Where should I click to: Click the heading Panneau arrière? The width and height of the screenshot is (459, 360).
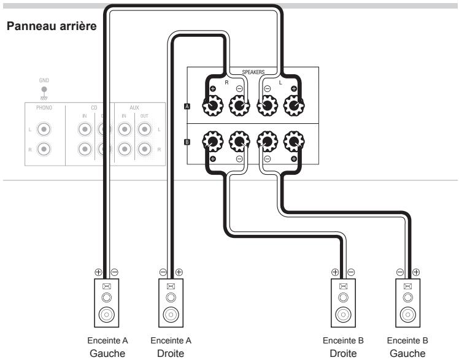(52, 26)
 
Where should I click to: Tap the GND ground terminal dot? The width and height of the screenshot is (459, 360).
(44, 90)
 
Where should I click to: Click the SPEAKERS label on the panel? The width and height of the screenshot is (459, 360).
(253, 72)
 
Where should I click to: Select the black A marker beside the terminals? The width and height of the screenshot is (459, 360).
(187, 106)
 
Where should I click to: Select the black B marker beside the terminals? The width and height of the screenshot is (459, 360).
(187, 142)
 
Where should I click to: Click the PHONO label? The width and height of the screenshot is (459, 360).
(44, 107)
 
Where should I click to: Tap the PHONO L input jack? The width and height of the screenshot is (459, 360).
(44, 129)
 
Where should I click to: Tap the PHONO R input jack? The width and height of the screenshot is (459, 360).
(44, 149)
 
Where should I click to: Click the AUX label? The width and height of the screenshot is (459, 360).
(134, 107)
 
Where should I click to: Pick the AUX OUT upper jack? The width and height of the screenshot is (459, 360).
(145, 129)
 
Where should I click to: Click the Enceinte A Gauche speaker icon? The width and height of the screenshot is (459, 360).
(107, 303)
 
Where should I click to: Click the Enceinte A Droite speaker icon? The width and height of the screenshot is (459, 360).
(171, 303)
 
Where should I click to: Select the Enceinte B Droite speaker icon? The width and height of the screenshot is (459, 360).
(344, 303)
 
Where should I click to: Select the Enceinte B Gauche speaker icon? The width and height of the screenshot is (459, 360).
(408, 303)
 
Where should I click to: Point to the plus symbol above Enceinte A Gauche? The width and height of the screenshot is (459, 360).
(98, 272)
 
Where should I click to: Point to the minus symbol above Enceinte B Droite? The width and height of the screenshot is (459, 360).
(351, 272)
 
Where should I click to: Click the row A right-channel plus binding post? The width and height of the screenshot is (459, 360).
(213, 105)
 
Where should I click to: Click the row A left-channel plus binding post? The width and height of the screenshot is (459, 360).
(294, 105)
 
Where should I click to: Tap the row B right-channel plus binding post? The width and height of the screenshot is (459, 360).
(213, 142)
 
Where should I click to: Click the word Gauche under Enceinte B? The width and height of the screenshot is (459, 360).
(407, 353)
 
